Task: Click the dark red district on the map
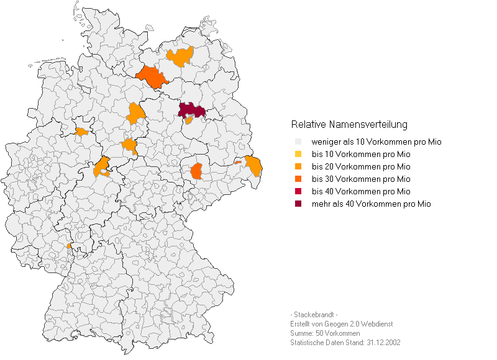192,110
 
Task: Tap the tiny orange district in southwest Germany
69,246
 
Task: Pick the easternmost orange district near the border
253,166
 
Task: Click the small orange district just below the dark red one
189,120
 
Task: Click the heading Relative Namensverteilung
349,124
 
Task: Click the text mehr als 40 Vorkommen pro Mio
371,204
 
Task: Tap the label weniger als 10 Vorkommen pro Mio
376,142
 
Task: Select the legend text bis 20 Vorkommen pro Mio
361,166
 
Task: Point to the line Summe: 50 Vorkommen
325,333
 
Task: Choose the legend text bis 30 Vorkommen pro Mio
361,179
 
